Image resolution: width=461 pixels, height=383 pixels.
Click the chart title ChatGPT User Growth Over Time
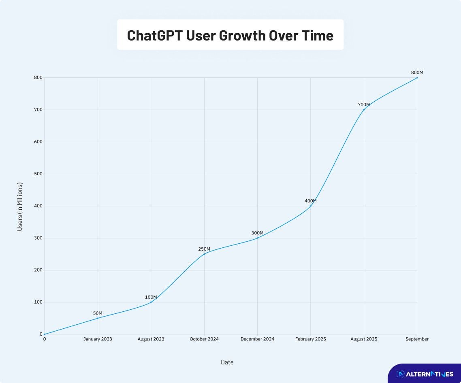230,35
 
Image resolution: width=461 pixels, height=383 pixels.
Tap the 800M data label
417,72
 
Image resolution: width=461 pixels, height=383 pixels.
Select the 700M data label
363,105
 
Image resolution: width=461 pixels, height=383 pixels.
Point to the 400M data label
310,201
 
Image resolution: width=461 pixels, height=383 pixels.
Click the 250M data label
204,249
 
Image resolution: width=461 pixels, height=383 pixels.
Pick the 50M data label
98,313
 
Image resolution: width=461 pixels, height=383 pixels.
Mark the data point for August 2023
151,302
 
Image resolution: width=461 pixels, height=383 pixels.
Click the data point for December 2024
257,238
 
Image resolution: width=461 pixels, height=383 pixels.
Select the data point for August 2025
364,110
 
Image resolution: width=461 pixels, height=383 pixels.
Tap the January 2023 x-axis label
98,339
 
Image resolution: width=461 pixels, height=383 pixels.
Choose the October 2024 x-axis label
204,339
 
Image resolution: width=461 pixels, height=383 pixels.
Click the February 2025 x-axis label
310,339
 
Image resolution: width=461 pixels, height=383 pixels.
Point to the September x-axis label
417,339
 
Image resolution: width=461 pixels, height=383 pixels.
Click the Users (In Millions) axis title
20,207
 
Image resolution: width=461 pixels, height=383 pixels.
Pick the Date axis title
227,362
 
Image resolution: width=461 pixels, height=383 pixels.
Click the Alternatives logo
425,374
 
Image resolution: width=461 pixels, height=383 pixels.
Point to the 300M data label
257,233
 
